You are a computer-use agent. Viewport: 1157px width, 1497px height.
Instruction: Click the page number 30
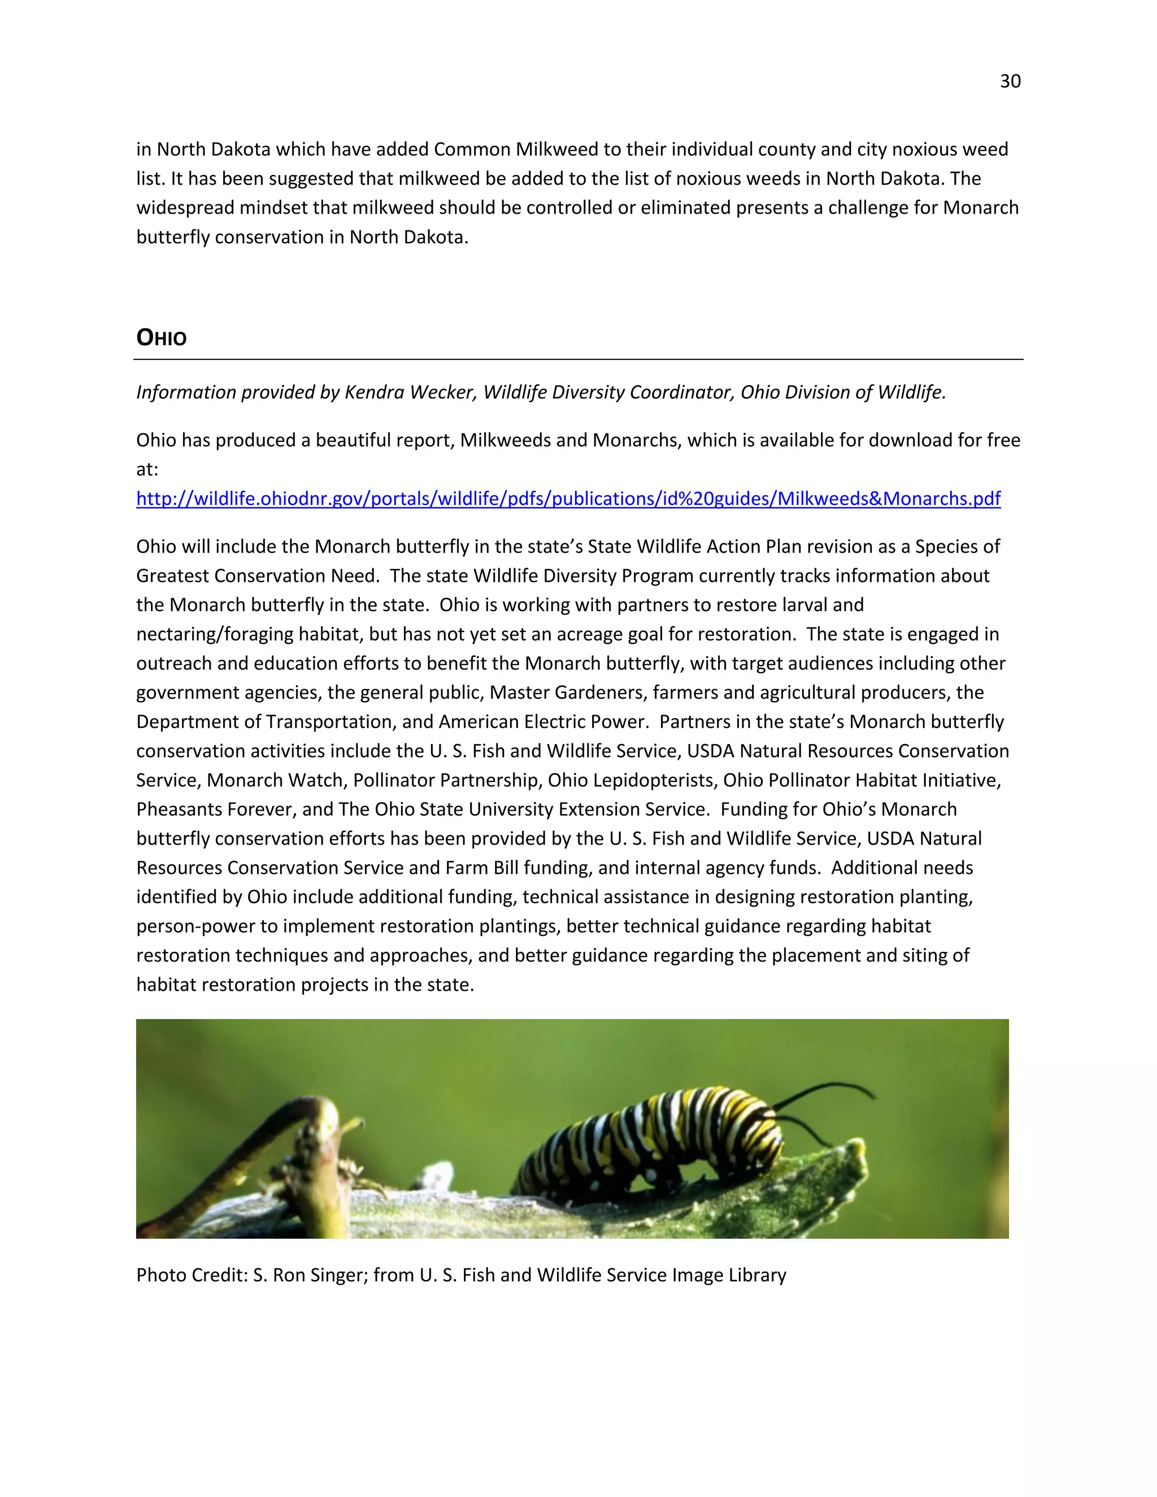pos(1010,81)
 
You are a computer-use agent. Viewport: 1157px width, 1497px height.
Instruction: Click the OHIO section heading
pos(161,337)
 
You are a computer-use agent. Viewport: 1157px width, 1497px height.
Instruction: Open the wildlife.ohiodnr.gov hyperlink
pos(568,498)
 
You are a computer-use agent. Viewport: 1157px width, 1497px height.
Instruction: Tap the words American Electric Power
pos(543,722)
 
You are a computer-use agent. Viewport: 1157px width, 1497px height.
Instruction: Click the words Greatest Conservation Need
pos(257,576)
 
